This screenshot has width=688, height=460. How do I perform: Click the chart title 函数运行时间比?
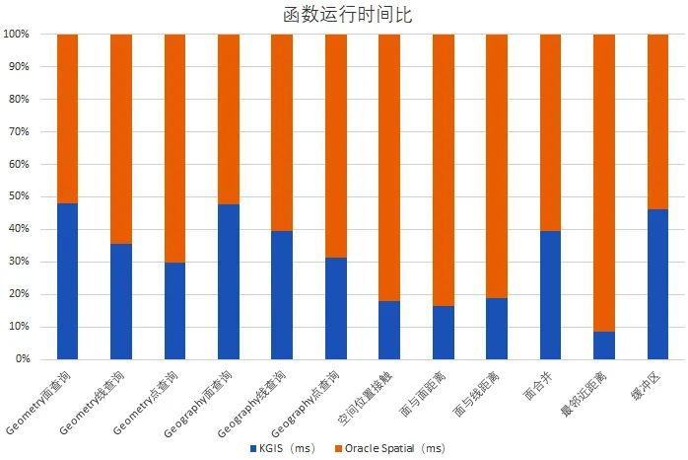343,13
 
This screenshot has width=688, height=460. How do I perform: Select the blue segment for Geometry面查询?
68,281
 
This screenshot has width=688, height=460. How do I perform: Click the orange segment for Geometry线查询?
121,138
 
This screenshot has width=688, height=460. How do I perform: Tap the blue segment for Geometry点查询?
174,311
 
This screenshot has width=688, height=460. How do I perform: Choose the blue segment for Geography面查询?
229,281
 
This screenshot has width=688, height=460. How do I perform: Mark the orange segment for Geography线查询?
282,132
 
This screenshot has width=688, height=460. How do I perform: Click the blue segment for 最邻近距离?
604,345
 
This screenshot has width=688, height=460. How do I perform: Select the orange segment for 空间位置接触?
389,168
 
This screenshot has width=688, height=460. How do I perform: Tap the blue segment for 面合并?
550,295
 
